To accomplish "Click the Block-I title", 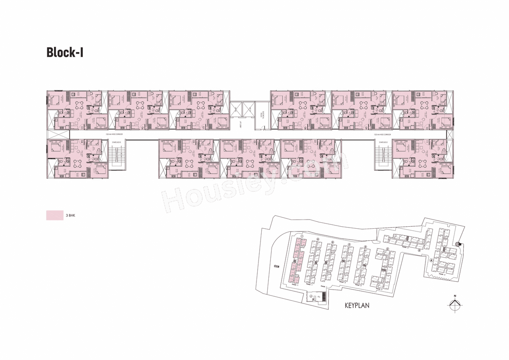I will (65, 53).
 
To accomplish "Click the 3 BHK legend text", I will (70, 216).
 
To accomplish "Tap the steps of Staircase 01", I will (383, 155).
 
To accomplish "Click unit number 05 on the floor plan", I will (82, 127).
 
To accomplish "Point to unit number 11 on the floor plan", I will (426, 142).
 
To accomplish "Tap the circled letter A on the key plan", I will (431, 261).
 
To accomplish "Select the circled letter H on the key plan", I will (318, 239).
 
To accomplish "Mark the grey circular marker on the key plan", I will (457, 244).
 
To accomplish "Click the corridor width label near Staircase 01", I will (382, 135).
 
